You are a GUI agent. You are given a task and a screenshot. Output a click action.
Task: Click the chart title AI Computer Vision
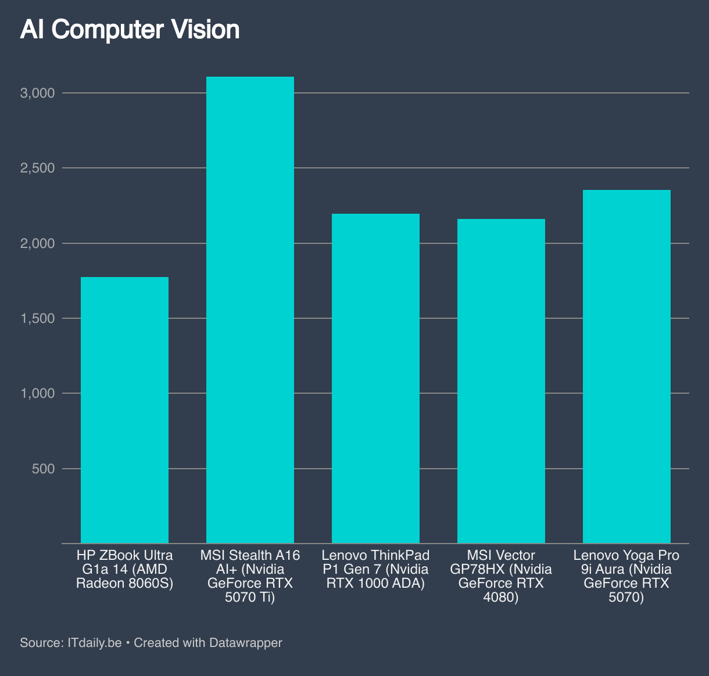pos(130,30)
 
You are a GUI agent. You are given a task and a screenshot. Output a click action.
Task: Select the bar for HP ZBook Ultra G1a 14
pos(124,410)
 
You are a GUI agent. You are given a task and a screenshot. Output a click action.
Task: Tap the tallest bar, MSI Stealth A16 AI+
pos(250,310)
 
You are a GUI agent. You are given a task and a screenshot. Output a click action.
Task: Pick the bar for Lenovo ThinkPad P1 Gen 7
pos(375,379)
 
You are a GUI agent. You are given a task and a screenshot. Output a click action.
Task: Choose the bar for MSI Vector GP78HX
pos(501,381)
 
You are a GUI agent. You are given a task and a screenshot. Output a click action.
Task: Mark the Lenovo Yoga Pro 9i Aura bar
pos(626,366)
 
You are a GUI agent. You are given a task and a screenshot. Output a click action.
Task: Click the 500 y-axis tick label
pos(43,469)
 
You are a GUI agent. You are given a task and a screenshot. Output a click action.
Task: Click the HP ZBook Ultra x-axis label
pos(124,570)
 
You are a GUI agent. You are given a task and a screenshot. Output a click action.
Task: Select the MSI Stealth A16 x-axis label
pos(250,577)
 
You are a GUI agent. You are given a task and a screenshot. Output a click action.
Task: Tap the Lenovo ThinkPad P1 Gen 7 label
pos(375,570)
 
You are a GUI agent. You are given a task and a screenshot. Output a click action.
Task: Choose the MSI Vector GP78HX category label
pos(501,577)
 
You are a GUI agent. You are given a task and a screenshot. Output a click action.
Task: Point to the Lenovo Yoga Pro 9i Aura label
pos(626,577)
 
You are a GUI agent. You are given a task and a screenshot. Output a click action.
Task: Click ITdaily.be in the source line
pos(95,643)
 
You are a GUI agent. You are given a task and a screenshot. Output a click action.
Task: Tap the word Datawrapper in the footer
pos(245,643)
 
